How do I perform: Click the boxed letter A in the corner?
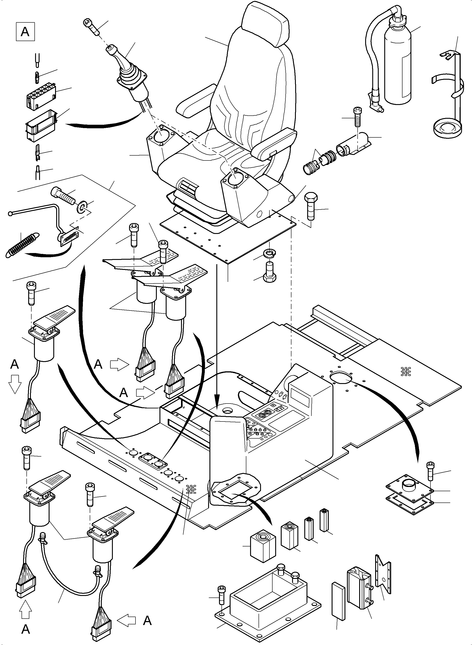tap(25, 32)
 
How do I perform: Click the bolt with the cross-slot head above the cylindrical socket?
tap(357, 117)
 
